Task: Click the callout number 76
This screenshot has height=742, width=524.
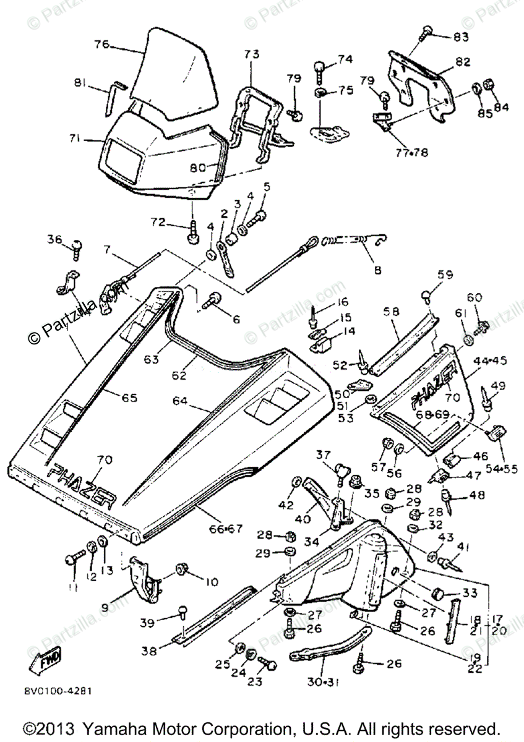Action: click(101, 45)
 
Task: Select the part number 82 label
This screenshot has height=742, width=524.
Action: click(463, 62)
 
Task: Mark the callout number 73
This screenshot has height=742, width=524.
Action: click(252, 54)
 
